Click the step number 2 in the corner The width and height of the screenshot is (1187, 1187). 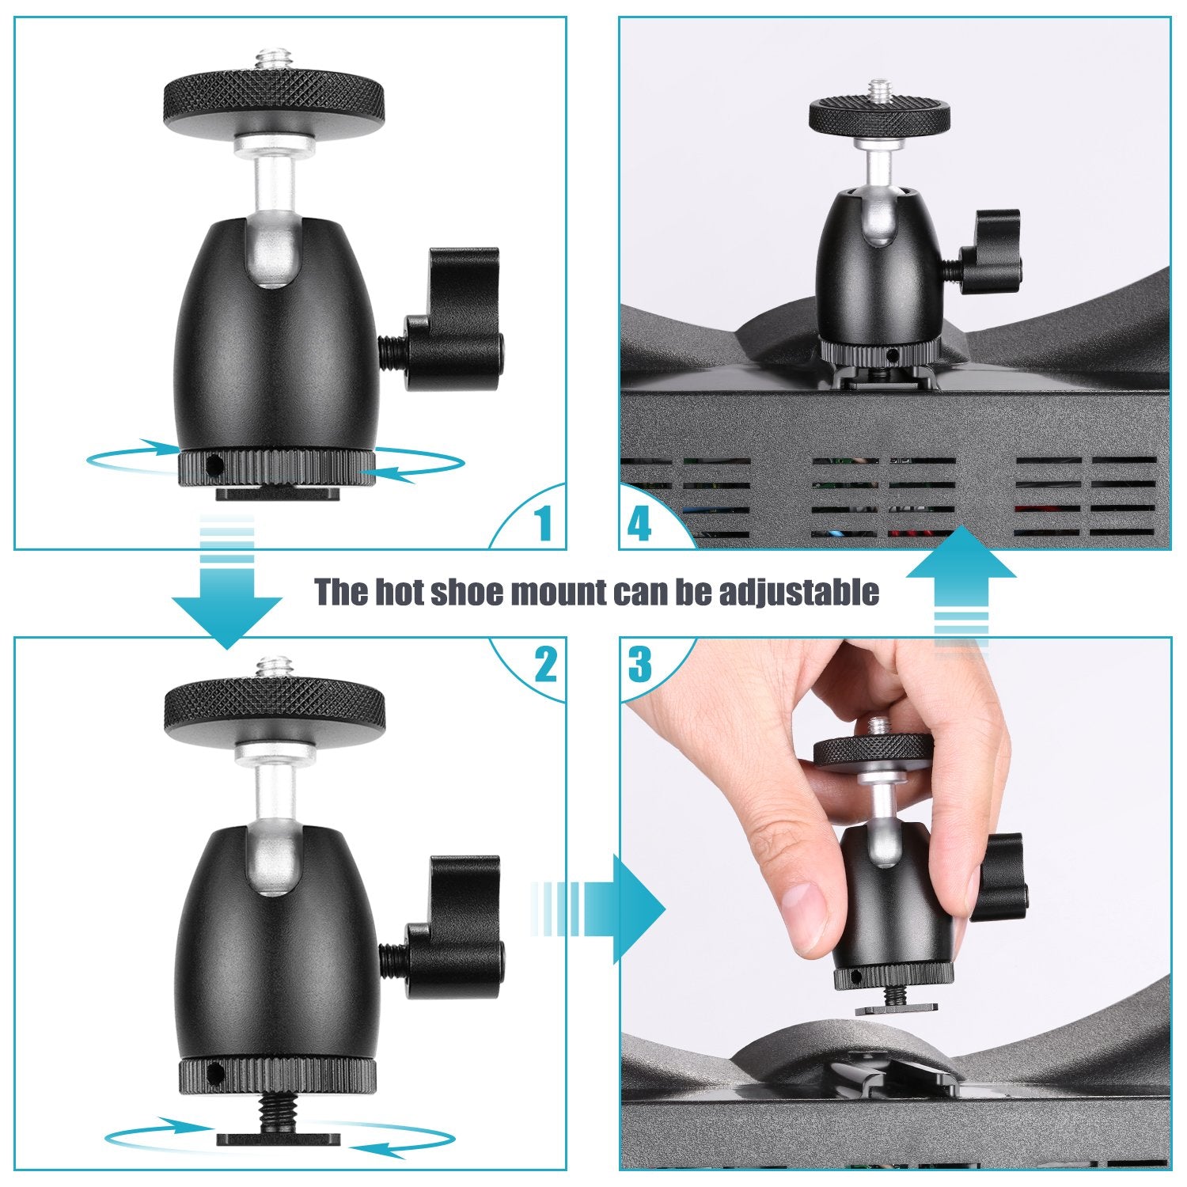tap(545, 664)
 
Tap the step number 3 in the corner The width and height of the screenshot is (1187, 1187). tap(639, 665)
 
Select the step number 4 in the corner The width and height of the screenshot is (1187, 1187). tap(639, 523)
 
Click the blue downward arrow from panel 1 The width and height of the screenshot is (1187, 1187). tap(227, 601)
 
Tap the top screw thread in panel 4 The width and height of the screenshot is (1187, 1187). tap(879, 89)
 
